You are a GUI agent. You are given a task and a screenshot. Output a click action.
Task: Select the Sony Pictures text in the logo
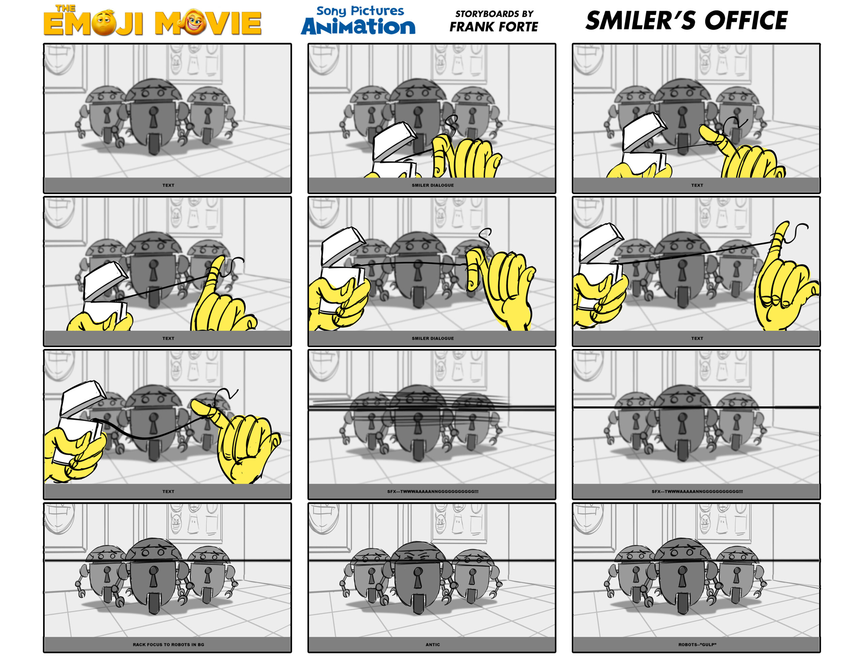[x=360, y=11]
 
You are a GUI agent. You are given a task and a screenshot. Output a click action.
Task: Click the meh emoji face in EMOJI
[x=104, y=24]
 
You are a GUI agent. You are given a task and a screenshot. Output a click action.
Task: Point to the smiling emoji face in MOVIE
[x=193, y=21]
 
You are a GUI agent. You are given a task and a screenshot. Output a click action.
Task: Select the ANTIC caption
[x=433, y=644]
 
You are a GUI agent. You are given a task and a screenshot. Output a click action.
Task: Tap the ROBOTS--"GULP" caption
[x=697, y=644]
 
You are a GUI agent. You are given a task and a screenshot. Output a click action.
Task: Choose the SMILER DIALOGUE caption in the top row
[x=433, y=185]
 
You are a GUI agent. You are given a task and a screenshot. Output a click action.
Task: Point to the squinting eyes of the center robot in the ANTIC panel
[x=418, y=557]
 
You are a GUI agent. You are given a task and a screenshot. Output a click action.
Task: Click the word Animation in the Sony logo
[x=358, y=27]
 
